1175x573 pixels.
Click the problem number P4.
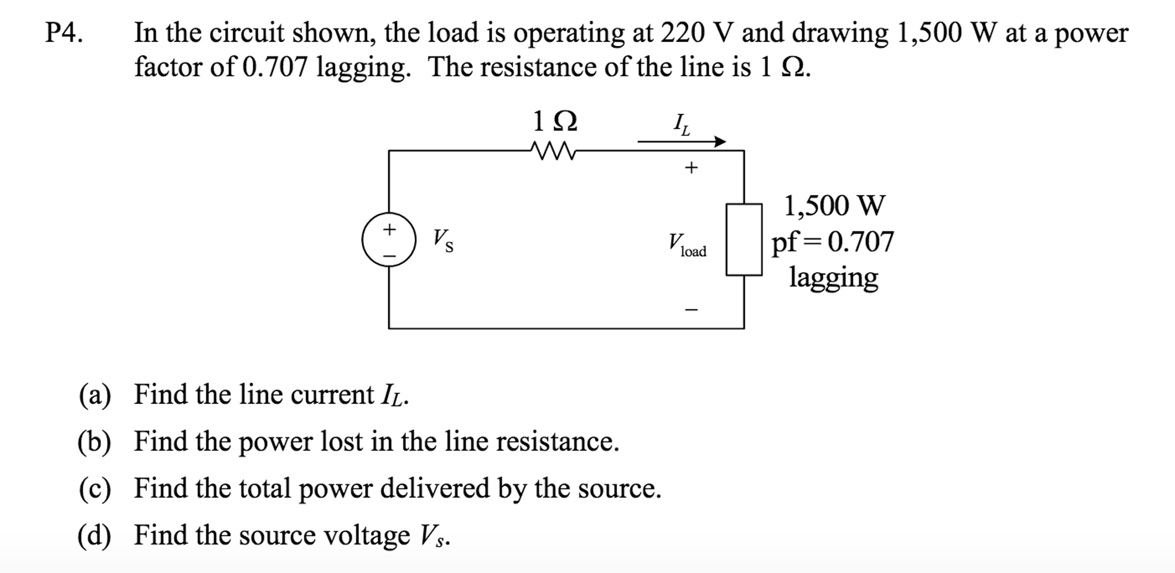click(64, 33)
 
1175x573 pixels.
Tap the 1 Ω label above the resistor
click(554, 121)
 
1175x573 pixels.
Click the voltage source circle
click(389, 240)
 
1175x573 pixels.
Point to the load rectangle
click(744, 239)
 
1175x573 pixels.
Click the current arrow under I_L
click(682, 141)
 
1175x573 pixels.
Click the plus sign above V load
click(691, 168)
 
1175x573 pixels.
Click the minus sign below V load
click(691, 310)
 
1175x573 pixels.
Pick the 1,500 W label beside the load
click(834, 206)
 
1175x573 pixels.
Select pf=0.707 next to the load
click(832, 242)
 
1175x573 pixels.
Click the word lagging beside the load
click(833, 278)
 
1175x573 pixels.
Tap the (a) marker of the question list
click(95, 395)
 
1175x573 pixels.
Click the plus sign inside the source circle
click(389, 230)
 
